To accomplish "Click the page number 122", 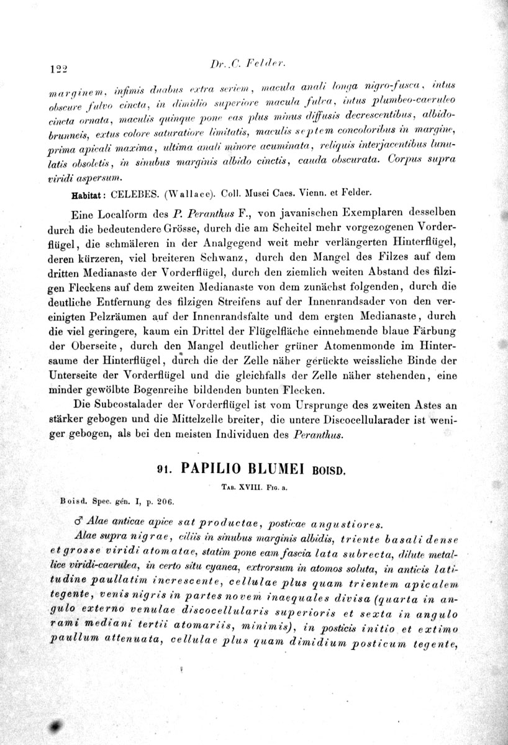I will coord(56,68).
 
